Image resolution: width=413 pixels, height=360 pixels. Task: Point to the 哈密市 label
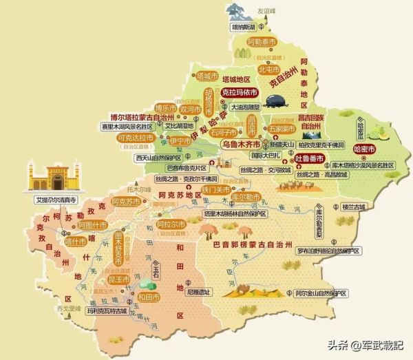[363, 149]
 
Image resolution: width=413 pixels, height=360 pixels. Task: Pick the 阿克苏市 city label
[128, 202]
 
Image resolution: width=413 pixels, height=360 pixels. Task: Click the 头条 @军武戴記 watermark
[366, 345]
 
